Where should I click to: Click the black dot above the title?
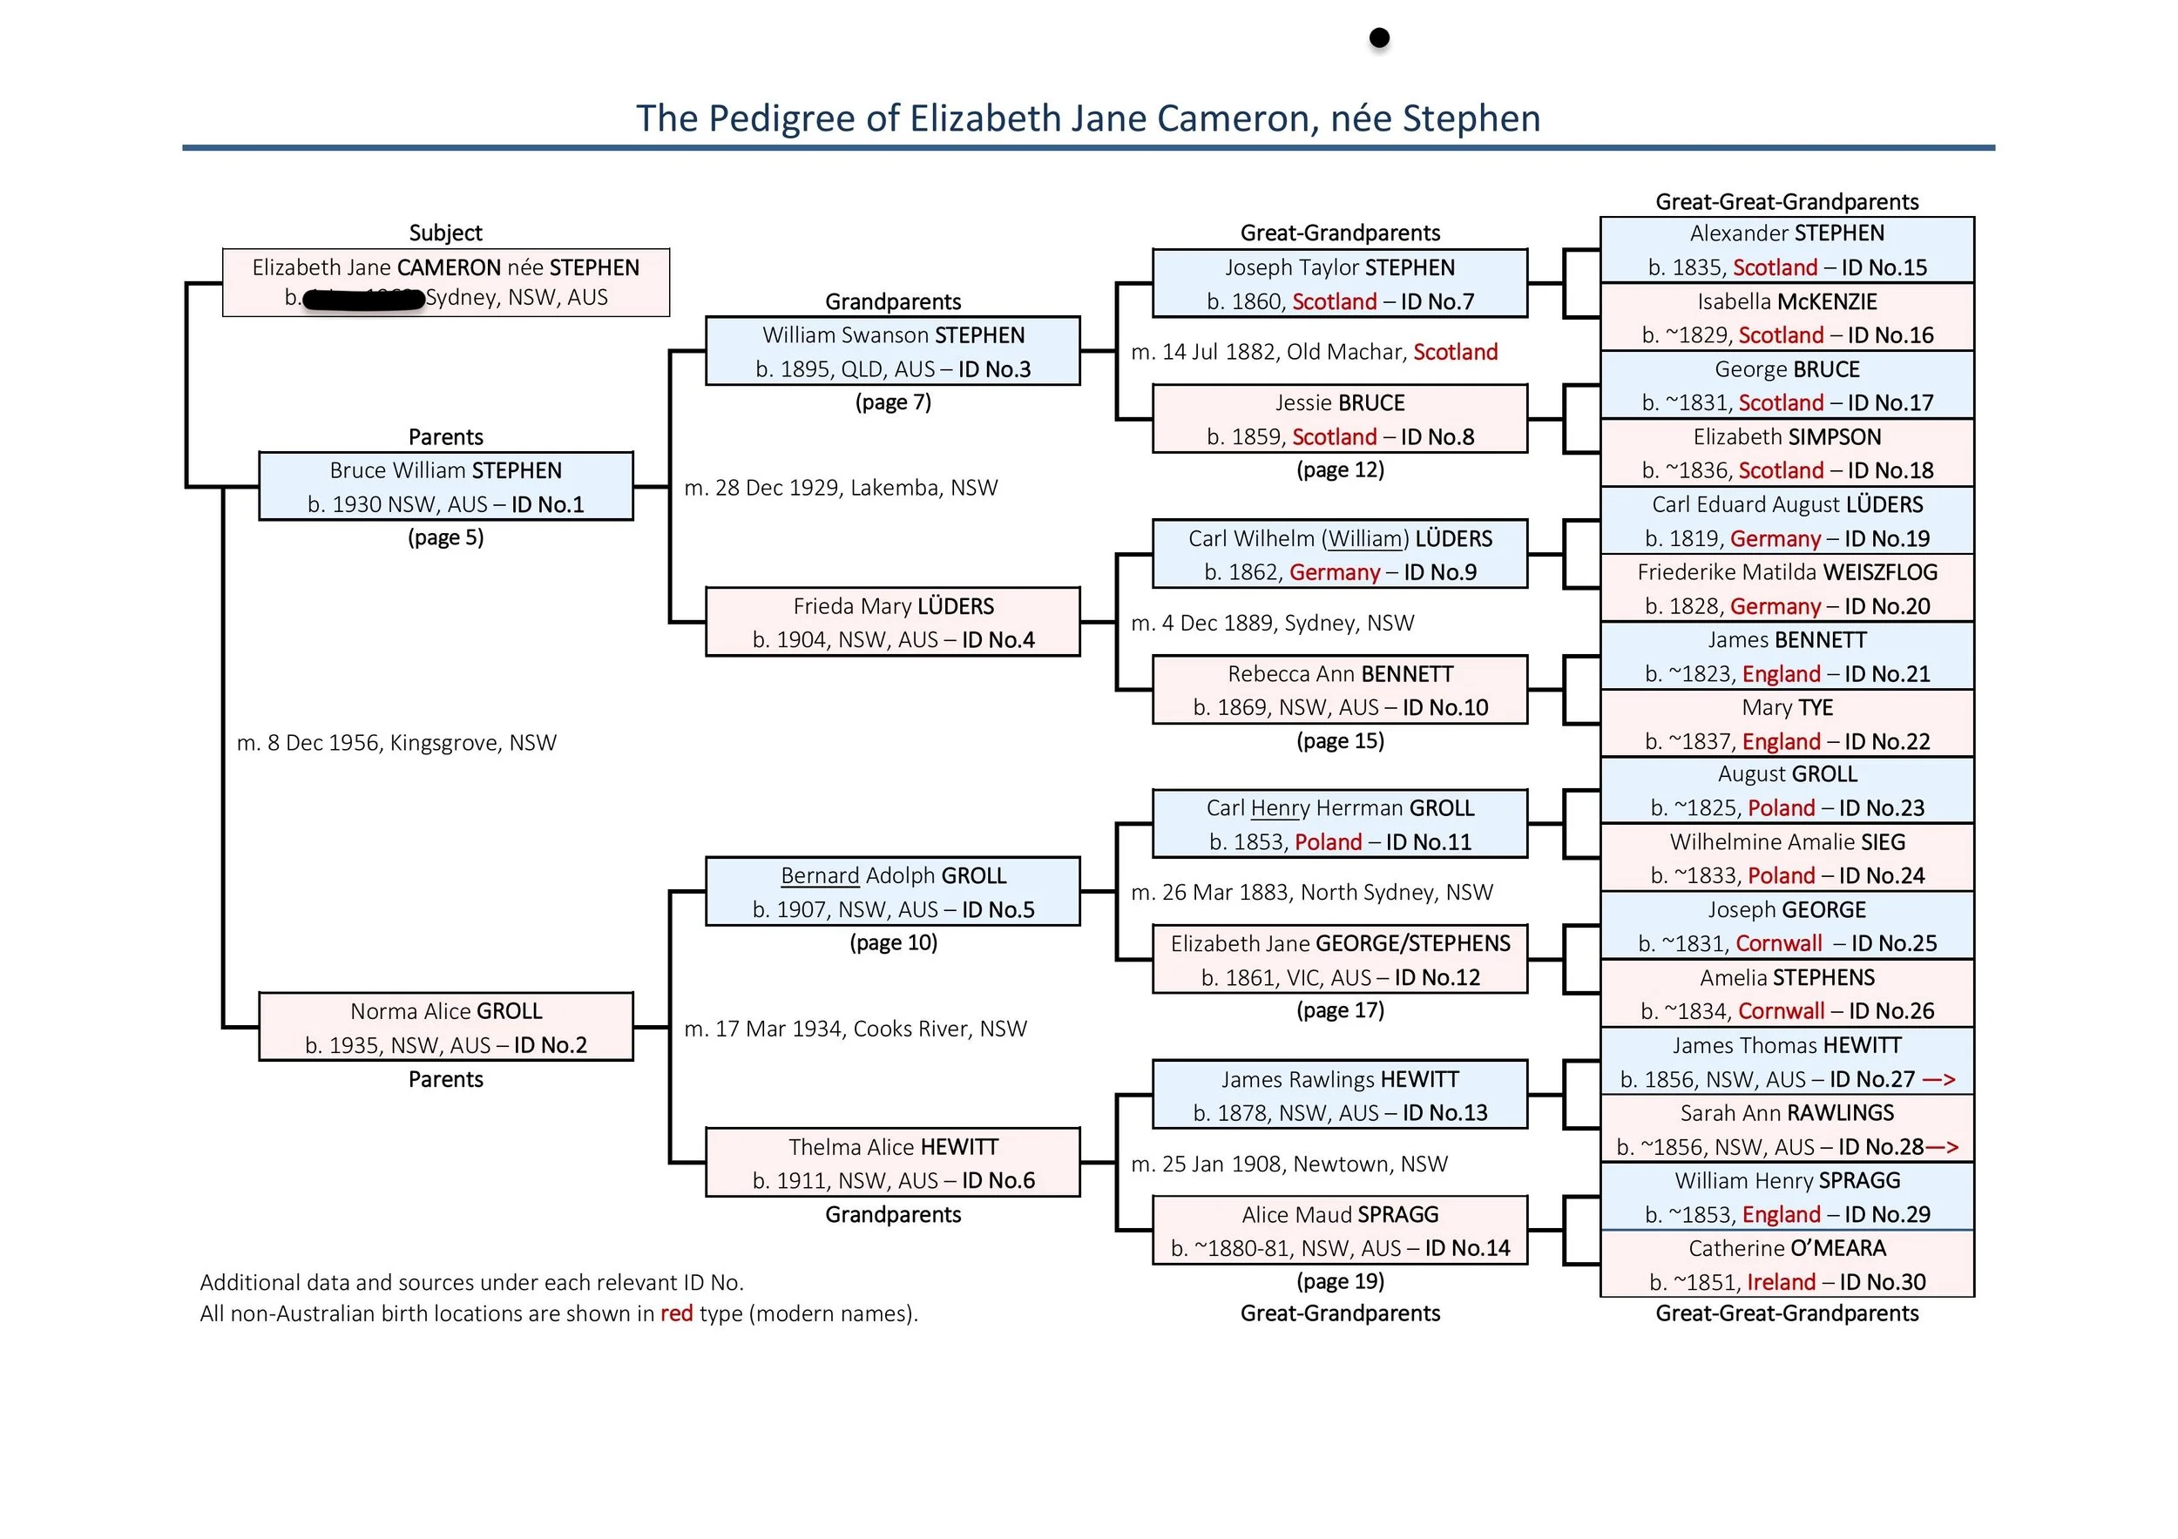click(1379, 38)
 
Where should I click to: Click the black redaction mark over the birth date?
click(363, 300)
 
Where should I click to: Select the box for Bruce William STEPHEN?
click(446, 487)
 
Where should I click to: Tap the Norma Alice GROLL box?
click(446, 1027)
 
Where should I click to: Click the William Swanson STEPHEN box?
click(893, 351)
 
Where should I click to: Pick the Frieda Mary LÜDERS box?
click(893, 622)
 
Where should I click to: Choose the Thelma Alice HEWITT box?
click(893, 1163)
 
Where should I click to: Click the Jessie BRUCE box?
click(1339, 419)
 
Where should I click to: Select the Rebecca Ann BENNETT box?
click(1339, 690)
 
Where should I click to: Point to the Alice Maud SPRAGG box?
click(1339, 1231)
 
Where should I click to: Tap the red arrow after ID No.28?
click(1942, 1147)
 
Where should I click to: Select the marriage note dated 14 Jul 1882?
click(1314, 352)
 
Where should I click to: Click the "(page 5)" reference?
click(446, 537)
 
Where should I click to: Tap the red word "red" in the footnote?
click(676, 1313)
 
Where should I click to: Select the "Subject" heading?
click(446, 233)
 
